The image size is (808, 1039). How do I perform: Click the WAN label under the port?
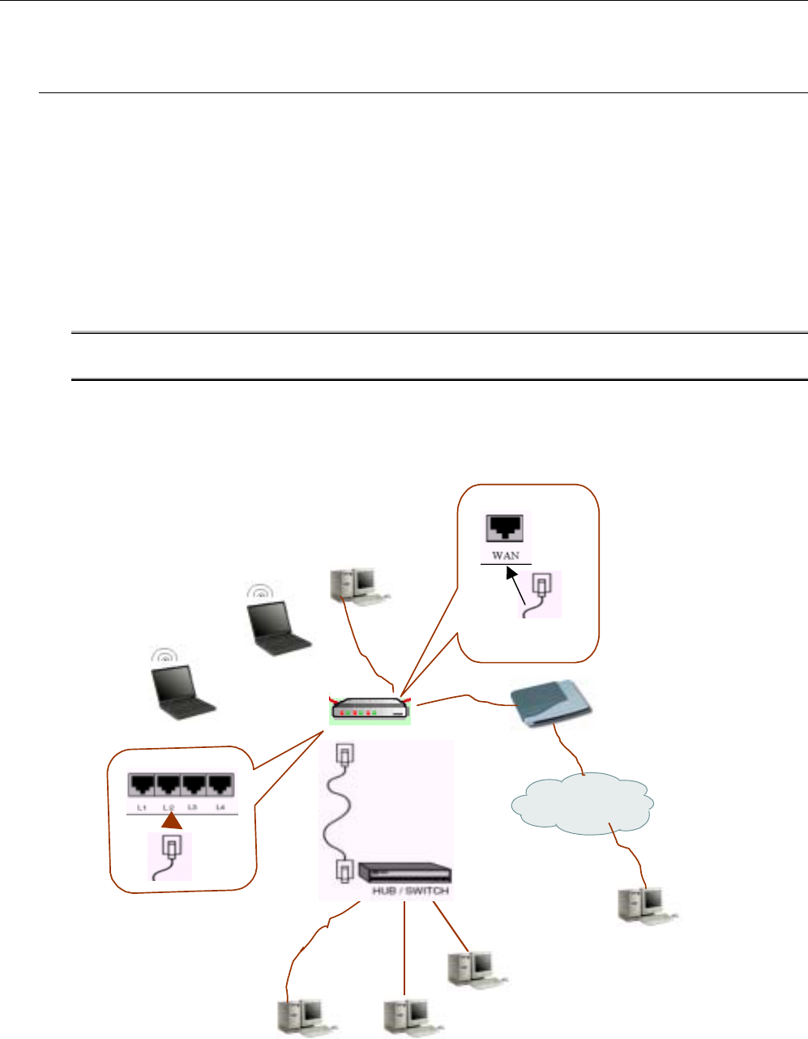(506, 556)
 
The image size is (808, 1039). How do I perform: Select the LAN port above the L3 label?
(195, 785)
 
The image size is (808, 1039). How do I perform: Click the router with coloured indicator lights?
(370, 709)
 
